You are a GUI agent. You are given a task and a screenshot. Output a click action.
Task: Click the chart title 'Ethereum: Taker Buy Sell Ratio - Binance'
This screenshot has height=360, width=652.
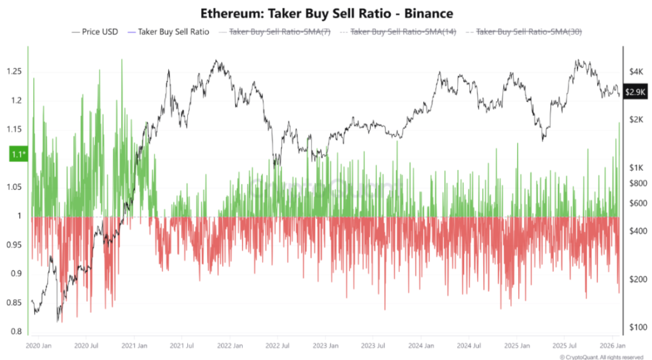326,13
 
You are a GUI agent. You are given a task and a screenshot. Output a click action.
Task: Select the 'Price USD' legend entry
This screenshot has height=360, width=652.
95,31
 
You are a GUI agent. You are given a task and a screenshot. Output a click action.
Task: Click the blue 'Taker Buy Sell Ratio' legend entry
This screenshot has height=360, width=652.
168,31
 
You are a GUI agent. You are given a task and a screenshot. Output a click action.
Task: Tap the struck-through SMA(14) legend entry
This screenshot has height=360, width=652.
401,31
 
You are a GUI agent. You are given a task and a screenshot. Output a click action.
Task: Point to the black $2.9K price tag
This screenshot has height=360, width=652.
635,92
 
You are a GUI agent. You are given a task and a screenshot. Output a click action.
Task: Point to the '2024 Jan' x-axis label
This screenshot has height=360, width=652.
422,345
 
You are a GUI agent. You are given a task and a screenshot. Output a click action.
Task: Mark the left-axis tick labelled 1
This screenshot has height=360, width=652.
20,216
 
